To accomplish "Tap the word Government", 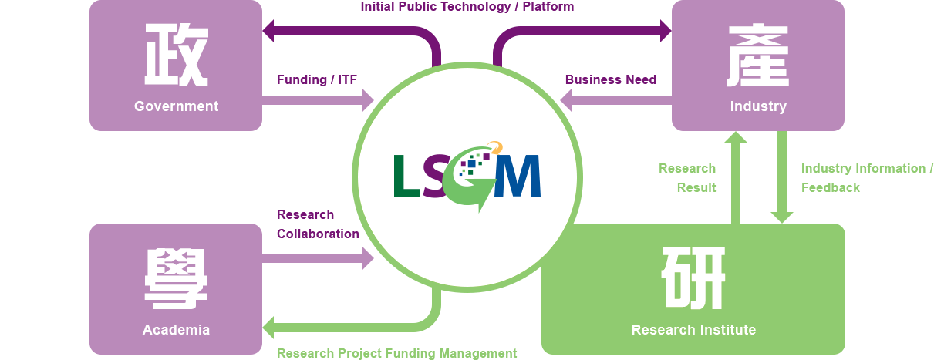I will click(x=176, y=106).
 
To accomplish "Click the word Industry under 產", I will click(x=758, y=106).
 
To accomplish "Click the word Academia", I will click(x=176, y=330).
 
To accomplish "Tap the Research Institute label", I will click(x=693, y=330).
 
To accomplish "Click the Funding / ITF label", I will click(x=317, y=79).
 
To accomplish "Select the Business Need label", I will click(x=611, y=79).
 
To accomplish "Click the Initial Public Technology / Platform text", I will click(x=467, y=7).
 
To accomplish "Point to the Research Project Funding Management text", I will click(x=397, y=353).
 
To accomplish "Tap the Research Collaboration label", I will click(x=318, y=224).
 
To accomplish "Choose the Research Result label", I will click(x=687, y=177).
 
